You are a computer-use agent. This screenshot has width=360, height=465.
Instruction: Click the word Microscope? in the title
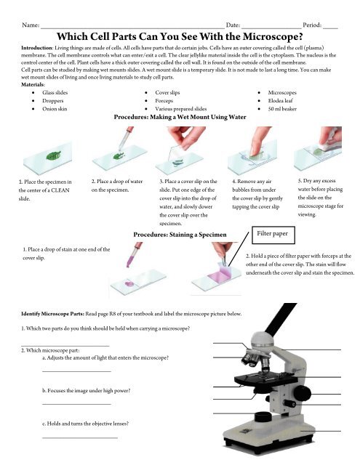click(273, 36)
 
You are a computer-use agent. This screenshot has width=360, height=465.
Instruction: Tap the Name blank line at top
click(132, 28)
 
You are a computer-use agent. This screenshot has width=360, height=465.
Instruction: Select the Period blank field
click(330, 28)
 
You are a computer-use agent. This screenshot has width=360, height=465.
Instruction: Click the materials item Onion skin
click(55, 109)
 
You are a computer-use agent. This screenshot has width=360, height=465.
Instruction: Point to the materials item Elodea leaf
click(280, 100)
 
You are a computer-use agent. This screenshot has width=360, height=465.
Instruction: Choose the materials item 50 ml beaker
click(282, 109)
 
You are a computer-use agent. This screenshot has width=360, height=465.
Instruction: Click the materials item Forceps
click(164, 101)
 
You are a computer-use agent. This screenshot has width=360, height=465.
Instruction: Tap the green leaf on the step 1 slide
click(53, 155)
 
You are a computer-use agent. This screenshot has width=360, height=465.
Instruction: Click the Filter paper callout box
click(273, 235)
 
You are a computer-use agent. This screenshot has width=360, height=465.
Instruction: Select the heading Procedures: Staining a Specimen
click(180, 235)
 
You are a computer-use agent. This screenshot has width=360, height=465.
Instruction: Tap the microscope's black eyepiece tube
click(281, 318)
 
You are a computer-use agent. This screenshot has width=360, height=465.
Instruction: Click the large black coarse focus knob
click(302, 394)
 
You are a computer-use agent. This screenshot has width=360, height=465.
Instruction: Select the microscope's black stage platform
click(265, 379)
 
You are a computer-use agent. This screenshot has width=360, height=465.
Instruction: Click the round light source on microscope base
click(263, 416)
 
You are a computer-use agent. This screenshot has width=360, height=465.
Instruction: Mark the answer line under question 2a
click(76, 371)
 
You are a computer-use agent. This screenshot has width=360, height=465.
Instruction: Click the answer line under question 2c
click(80, 437)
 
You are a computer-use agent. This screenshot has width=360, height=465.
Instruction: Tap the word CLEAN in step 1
click(60, 190)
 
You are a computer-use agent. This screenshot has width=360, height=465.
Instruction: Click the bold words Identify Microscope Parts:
click(53, 314)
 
